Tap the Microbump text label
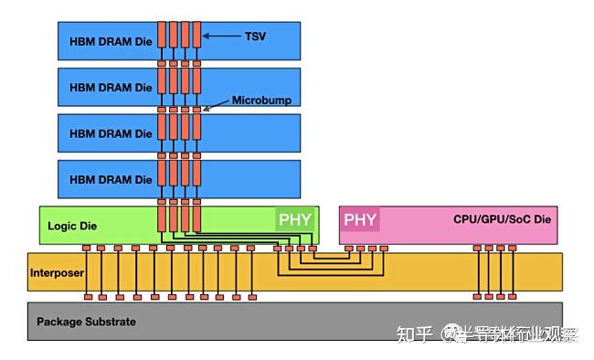coord(261,101)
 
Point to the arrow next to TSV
coord(223,36)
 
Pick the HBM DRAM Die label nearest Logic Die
coord(111,179)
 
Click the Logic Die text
coord(70,226)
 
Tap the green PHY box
coord(294,219)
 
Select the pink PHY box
coord(359,219)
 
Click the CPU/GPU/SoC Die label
coord(502,219)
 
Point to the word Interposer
coord(57,272)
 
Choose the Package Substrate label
coord(86,322)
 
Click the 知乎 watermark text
coord(413,334)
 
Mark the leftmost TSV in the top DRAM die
coord(162,34)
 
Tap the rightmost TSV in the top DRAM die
coord(196,34)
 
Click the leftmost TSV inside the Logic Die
coord(162,219)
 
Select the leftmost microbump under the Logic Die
coord(86,248)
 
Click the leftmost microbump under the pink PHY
coord(348,248)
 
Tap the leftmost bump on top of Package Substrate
coord(86,297)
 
